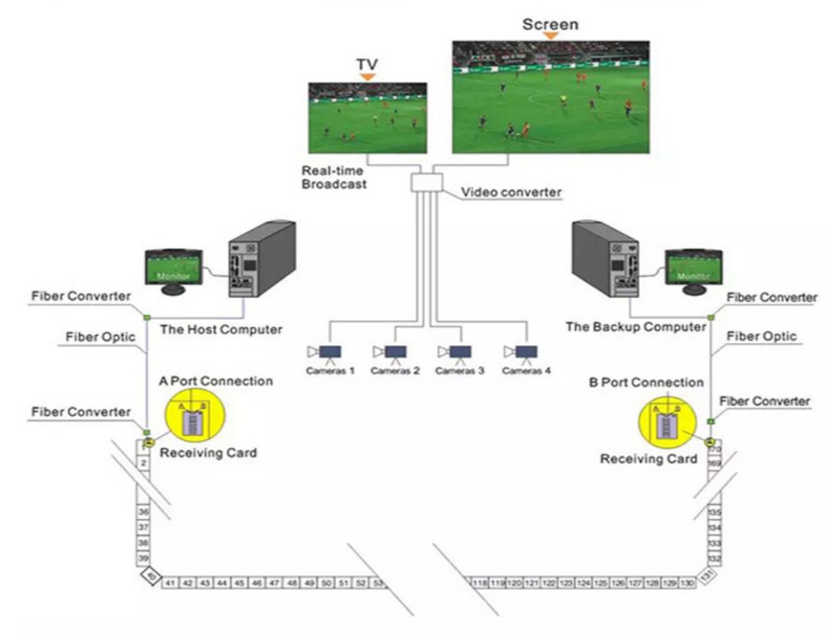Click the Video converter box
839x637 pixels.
(x=427, y=183)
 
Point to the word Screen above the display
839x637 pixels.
(x=550, y=25)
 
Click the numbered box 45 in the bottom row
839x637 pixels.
(x=239, y=584)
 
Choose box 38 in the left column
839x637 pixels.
(x=144, y=544)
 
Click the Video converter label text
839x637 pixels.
(x=512, y=192)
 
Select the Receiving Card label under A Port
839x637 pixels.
(x=208, y=453)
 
